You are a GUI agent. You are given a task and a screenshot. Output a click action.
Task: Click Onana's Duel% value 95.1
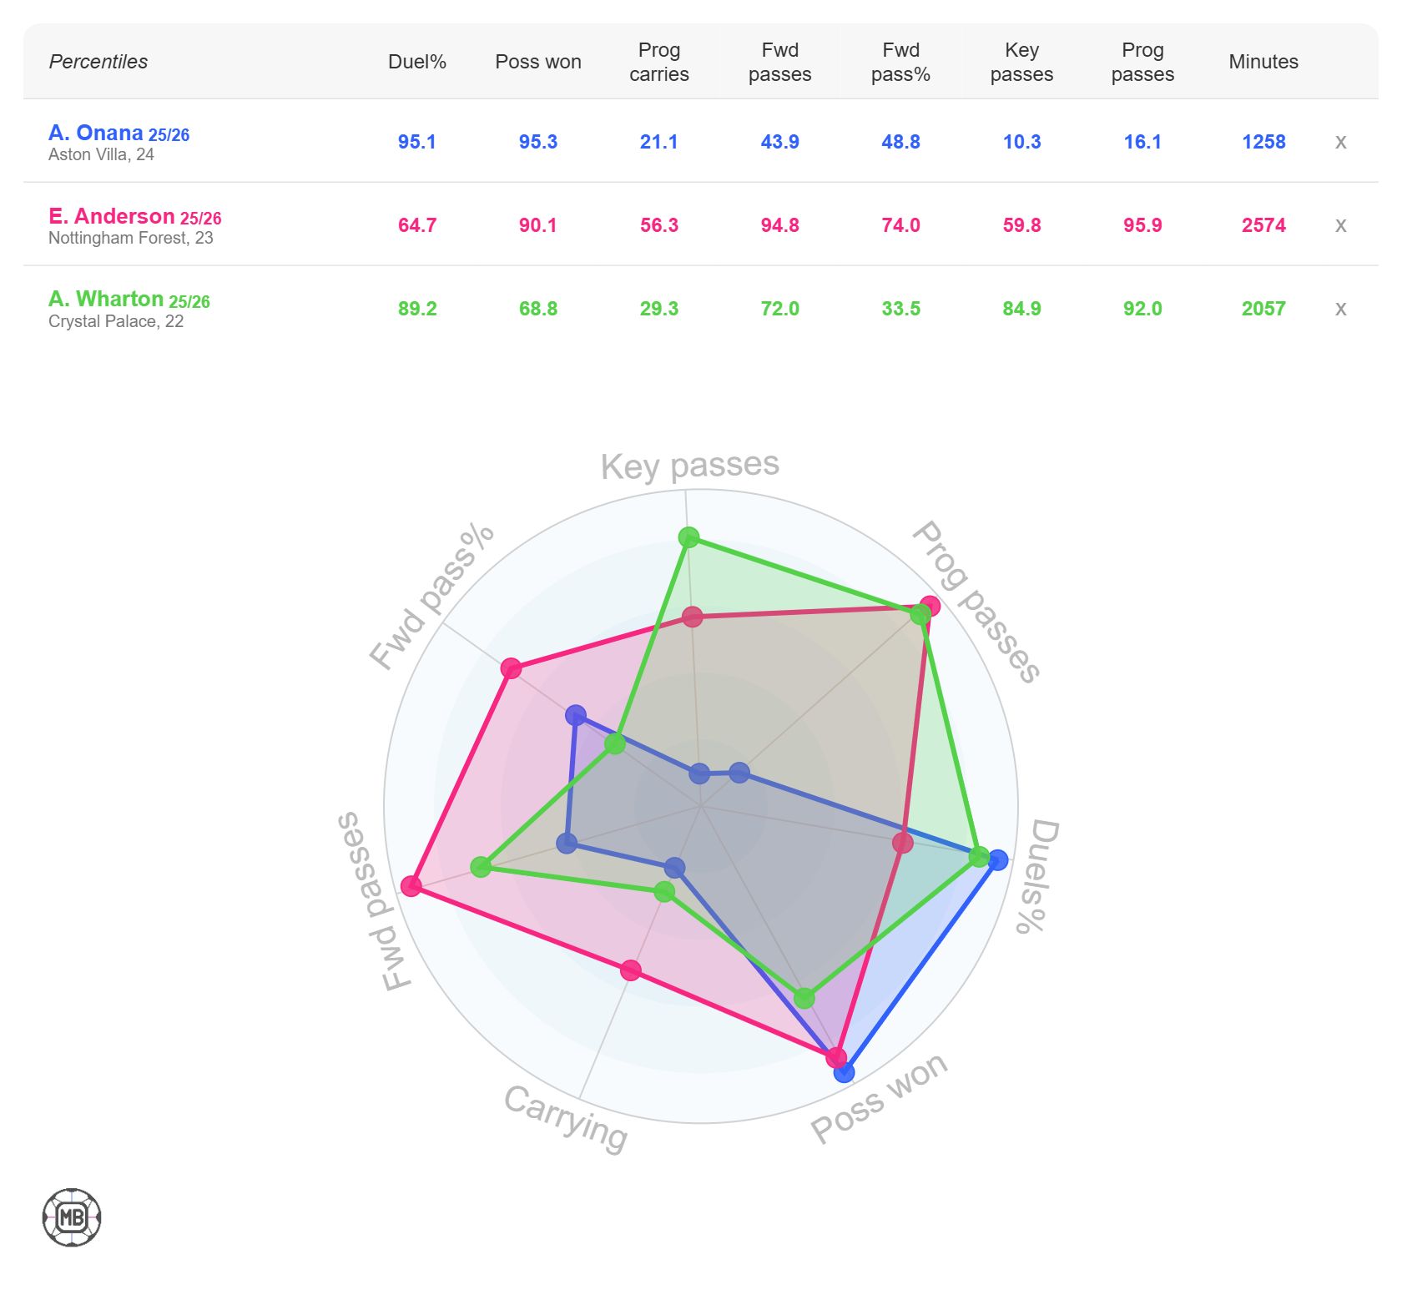[416, 142]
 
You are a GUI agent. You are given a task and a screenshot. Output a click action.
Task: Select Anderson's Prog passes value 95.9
[1142, 225]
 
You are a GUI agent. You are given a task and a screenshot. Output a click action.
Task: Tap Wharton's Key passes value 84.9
[1021, 309]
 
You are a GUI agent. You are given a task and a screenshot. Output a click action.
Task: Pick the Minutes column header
[1263, 62]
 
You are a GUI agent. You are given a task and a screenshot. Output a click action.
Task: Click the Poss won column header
[537, 62]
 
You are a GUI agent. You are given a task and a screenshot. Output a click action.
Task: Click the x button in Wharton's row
[1340, 309]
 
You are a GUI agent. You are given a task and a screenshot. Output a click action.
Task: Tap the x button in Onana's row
[1340, 142]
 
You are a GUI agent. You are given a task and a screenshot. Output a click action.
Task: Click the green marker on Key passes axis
[688, 537]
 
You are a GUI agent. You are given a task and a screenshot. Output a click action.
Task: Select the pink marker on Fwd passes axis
[411, 885]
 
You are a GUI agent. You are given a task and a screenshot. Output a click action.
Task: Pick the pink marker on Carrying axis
[631, 970]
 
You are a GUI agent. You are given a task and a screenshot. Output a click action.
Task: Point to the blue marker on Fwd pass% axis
[575, 715]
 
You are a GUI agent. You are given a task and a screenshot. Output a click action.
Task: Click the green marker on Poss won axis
[804, 998]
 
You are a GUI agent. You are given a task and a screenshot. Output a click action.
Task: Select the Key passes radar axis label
[689, 466]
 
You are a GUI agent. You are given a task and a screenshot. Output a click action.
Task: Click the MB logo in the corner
[72, 1217]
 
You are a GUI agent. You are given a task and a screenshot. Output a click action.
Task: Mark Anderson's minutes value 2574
[1263, 225]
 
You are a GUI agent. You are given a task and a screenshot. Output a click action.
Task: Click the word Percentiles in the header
[98, 62]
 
